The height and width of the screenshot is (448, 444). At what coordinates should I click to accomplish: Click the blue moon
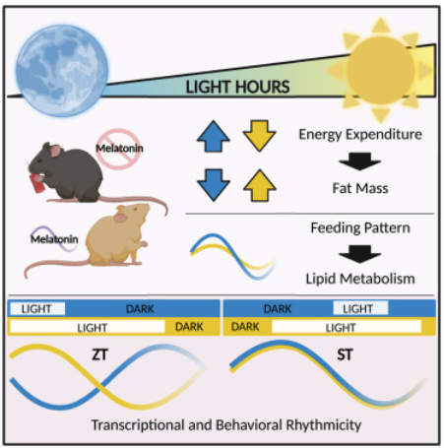(x=62, y=71)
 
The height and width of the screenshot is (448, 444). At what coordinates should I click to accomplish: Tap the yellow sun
(x=381, y=70)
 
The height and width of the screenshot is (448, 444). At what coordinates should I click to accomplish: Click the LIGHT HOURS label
(x=237, y=87)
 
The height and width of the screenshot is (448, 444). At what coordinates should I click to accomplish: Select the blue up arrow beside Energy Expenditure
(x=214, y=136)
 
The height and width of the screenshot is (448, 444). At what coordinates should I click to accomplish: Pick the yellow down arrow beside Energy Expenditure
(x=259, y=136)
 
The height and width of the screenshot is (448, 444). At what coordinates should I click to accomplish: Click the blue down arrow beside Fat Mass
(x=214, y=185)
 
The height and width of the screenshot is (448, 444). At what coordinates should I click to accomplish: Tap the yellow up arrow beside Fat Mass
(x=260, y=185)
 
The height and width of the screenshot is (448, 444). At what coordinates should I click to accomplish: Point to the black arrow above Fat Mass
(x=360, y=161)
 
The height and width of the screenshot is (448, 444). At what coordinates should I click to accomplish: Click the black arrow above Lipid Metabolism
(x=360, y=254)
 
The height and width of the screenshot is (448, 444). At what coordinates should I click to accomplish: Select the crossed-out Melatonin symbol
(x=118, y=149)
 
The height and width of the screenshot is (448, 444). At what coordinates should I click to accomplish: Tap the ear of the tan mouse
(x=120, y=217)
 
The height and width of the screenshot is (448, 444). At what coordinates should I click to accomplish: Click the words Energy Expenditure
(x=360, y=135)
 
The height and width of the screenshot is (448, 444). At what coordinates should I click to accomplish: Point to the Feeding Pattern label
(x=360, y=227)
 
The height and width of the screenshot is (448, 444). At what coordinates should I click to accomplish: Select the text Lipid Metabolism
(x=360, y=279)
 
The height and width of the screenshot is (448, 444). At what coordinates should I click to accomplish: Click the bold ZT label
(x=99, y=354)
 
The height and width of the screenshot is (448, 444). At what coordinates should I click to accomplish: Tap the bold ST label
(x=345, y=354)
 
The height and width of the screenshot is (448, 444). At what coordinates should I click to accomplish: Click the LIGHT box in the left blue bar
(x=37, y=308)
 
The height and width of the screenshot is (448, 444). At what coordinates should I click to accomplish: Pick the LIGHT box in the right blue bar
(x=360, y=308)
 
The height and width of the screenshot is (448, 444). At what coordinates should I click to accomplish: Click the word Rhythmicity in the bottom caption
(x=324, y=425)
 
